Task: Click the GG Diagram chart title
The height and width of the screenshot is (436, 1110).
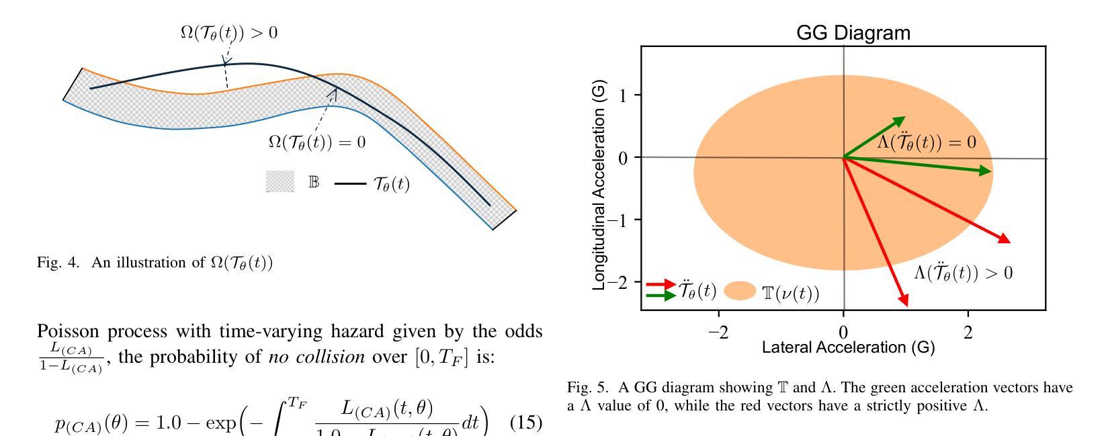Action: point(853,33)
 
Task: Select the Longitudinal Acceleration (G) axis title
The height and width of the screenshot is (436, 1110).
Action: point(599,185)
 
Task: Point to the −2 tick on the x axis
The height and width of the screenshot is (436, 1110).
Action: point(718,333)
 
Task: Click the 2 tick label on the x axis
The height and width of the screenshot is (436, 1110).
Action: point(968,333)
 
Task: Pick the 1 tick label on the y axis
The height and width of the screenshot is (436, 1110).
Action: point(623,95)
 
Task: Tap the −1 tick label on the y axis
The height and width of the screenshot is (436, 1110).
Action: point(618,220)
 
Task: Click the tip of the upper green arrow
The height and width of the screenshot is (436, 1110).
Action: point(904,118)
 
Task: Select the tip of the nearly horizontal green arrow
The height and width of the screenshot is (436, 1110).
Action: point(991,171)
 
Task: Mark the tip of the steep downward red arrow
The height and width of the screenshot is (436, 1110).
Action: point(907,305)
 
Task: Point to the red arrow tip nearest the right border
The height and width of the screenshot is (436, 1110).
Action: point(1009,241)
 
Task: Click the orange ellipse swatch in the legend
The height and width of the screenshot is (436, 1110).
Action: point(740,291)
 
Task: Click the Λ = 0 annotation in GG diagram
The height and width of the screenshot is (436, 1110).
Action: point(927,142)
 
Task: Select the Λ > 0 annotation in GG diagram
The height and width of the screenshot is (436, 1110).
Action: point(963,272)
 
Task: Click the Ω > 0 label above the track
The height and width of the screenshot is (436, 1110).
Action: point(228,32)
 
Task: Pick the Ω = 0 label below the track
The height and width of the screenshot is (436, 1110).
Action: point(316,142)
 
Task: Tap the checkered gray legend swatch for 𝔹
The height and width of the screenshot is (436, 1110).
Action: point(280,181)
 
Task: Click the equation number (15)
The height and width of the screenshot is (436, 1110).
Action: point(526,425)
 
